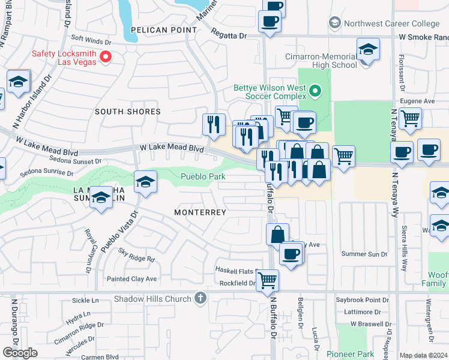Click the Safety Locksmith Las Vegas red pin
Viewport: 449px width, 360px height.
[106, 58]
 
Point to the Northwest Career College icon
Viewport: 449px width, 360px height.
[335, 24]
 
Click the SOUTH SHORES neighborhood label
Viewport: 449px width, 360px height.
[127, 112]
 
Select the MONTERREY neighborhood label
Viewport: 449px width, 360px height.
[200, 212]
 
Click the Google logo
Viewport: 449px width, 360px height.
[20, 353]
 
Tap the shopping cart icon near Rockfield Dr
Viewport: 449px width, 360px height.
[267, 280]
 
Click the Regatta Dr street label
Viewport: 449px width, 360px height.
[230, 36]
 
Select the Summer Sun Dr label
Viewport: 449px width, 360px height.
[364, 254]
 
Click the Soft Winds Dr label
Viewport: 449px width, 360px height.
[91, 43]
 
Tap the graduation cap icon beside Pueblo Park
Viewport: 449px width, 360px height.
[145, 181]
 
